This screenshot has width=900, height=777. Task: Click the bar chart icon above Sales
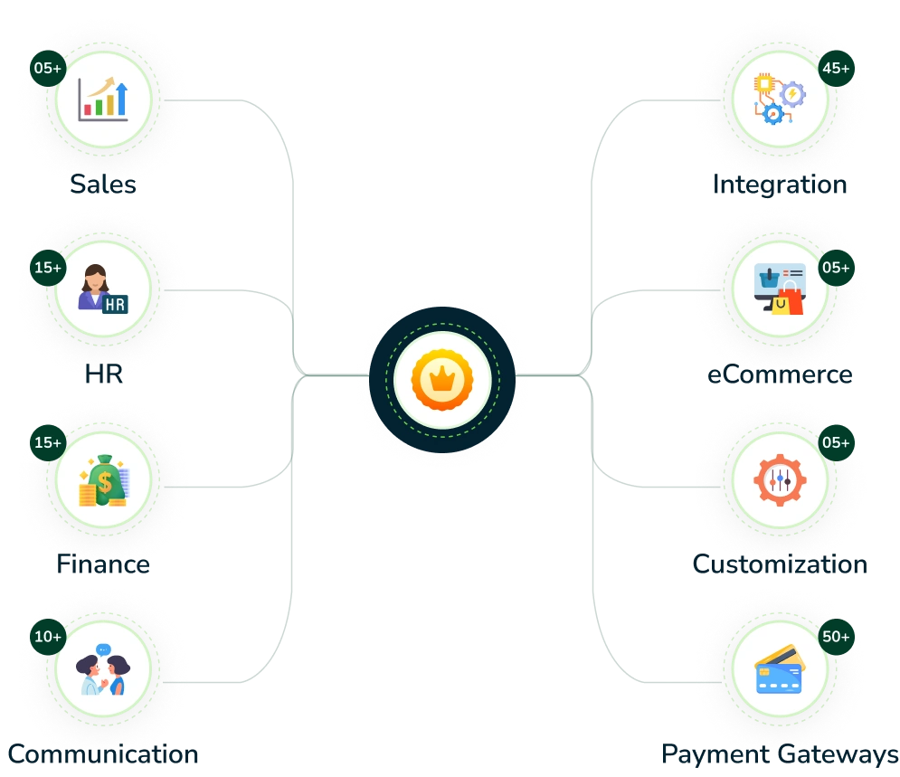pyautogui.click(x=103, y=99)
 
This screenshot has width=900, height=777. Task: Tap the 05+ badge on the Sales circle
pyautogui.click(x=48, y=68)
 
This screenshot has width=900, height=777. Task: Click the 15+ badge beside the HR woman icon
pyautogui.click(x=48, y=268)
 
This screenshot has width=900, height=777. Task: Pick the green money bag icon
pyautogui.click(x=103, y=479)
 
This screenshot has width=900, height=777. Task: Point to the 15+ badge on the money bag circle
pyautogui.click(x=48, y=442)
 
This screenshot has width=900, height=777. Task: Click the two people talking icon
pyautogui.click(x=103, y=670)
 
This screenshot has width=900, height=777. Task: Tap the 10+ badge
pyautogui.click(x=48, y=637)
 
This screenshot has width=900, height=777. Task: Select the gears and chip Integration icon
pyautogui.click(x=780, y=99)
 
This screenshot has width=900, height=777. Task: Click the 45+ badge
pyautogui.click(x=835, y=68)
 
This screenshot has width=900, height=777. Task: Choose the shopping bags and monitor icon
pyautogui.click(x=780, y=289)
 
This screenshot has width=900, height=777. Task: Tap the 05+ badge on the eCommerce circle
pyautogui.click(x=835, y=268)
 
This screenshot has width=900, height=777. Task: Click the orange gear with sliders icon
pyautogui.click(x=780, y=479)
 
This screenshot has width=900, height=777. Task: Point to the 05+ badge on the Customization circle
pyautogui.click(x=835, y=442)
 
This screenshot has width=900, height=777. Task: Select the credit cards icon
pyautogui.click(x=780, y=670)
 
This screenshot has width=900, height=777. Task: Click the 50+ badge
pyautogui.click(x=835, y=637)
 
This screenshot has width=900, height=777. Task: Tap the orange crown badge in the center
pyautogui.click(x=442, y=380)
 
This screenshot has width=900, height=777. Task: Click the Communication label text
pyautogui.click(x=103, y=753)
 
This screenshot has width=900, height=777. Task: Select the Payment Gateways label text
pyautogui.click(x=779, y=753)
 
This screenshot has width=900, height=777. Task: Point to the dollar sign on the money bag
pyautogui.click(x=106, y=482)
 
